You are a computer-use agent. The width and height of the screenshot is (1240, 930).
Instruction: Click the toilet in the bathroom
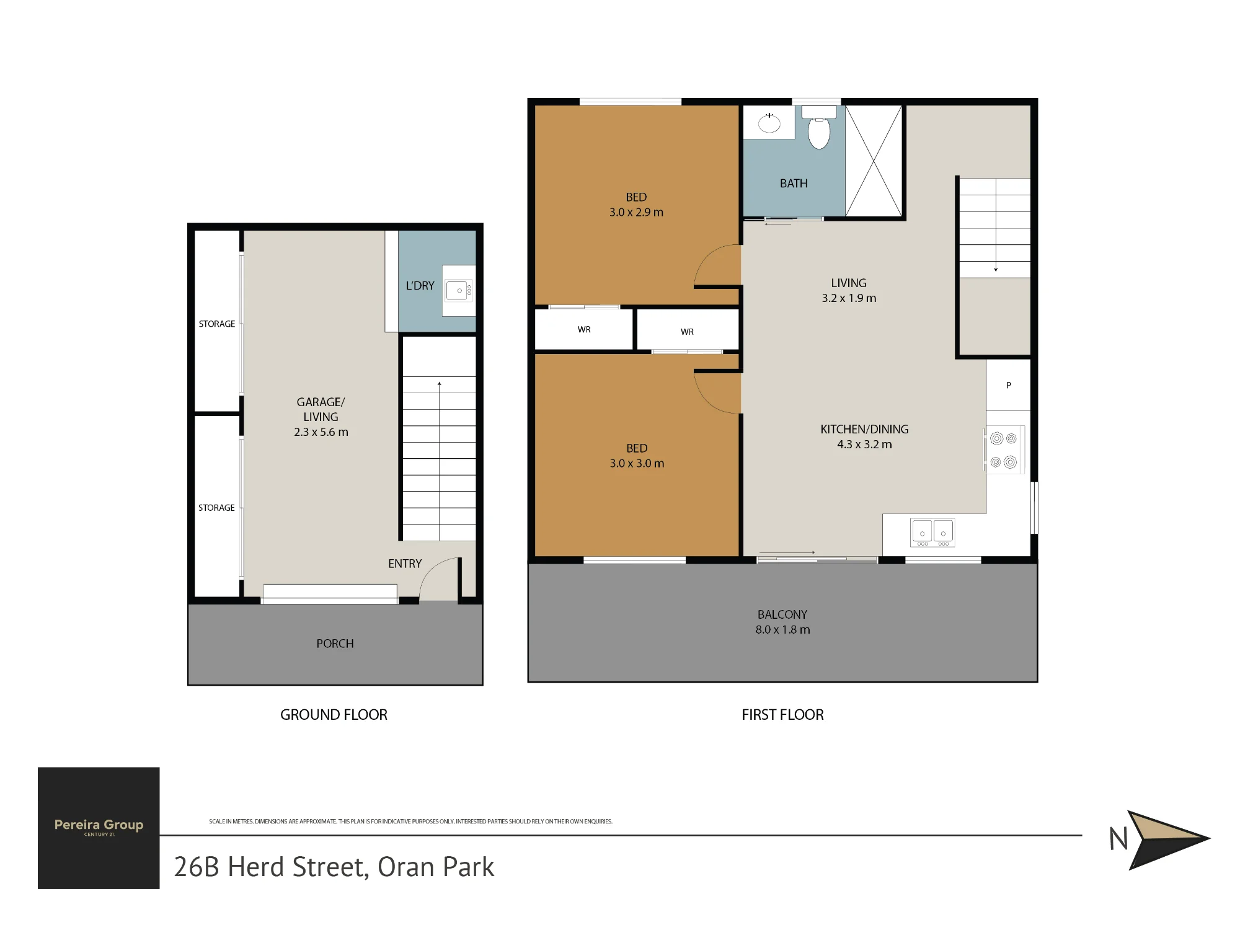pyautogui.click(x=819, y=128)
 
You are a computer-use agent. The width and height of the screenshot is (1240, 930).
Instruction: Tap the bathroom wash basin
pyautogui.click(x=769, y=123)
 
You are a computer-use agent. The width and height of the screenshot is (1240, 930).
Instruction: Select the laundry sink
pyautogui.click(x=459, y=291)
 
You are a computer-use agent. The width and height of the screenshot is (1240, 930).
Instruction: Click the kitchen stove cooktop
pyautogui.click(x=1004, y=449)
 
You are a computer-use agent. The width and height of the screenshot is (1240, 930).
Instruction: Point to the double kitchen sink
pyautogui.click(x=932, y=533)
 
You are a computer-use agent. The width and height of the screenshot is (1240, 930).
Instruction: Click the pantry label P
pyautogui.click(x=1009, y=385)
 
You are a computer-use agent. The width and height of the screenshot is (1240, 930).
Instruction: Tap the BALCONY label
pyautogui.click(x=782, y=614)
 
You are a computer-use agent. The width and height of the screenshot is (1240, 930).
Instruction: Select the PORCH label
pyautogui.click(x=335, y=644)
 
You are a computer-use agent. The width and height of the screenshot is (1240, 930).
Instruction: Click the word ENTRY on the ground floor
pyautogui.click(x=405, y=564)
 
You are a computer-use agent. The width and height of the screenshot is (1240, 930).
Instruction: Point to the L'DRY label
pyautogui.click(x=420, y=286)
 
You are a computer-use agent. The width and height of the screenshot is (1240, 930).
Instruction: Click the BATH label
pyautogui.click(x=794, y=184)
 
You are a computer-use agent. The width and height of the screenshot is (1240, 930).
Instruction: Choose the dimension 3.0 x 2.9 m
pyautogui.click(x=636, y=212)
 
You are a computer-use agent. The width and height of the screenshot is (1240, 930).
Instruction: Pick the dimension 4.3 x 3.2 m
pyautogui.click(x=864, y=445)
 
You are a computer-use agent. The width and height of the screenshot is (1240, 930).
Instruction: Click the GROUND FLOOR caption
pyautogui.click(x=334, y=715)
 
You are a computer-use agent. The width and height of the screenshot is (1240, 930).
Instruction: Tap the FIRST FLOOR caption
pyautogui.click(x=782, y=715)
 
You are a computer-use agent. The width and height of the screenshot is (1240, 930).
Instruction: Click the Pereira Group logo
pyautogui.click(x=99, y=828)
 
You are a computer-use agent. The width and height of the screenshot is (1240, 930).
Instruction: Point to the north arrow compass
pyautogui.click(x=1159, y=839)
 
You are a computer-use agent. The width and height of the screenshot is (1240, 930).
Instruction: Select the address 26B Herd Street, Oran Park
pyautogui.click(x=334, y=867)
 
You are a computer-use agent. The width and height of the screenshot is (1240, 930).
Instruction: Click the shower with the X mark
pyautogui.click(x=874, y=161)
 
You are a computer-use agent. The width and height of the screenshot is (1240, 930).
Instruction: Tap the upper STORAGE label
pyautogui.click(x=217, y=324)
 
